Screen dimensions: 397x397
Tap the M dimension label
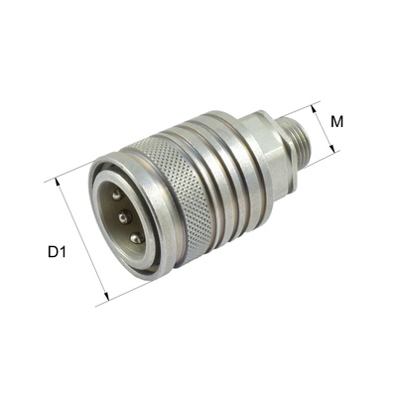pyautogui.click(x=338, y=122)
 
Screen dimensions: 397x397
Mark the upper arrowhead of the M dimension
pyautogui.click(x=316, y=105)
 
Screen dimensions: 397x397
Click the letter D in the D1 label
pyautogui.click(x=52, y=252)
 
